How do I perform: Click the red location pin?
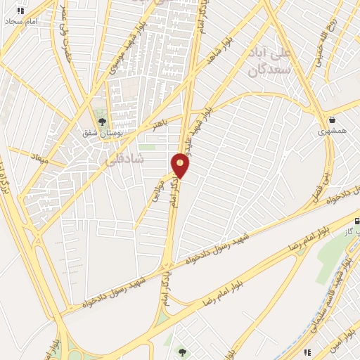[181, 165]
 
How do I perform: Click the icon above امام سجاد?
[20, 11]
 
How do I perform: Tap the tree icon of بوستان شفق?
[102, 122]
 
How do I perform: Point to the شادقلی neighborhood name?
[124, 160]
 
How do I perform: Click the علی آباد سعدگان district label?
[270, 63]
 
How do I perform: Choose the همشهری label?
[332, 131]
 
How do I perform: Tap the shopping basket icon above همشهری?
[331, 120]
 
